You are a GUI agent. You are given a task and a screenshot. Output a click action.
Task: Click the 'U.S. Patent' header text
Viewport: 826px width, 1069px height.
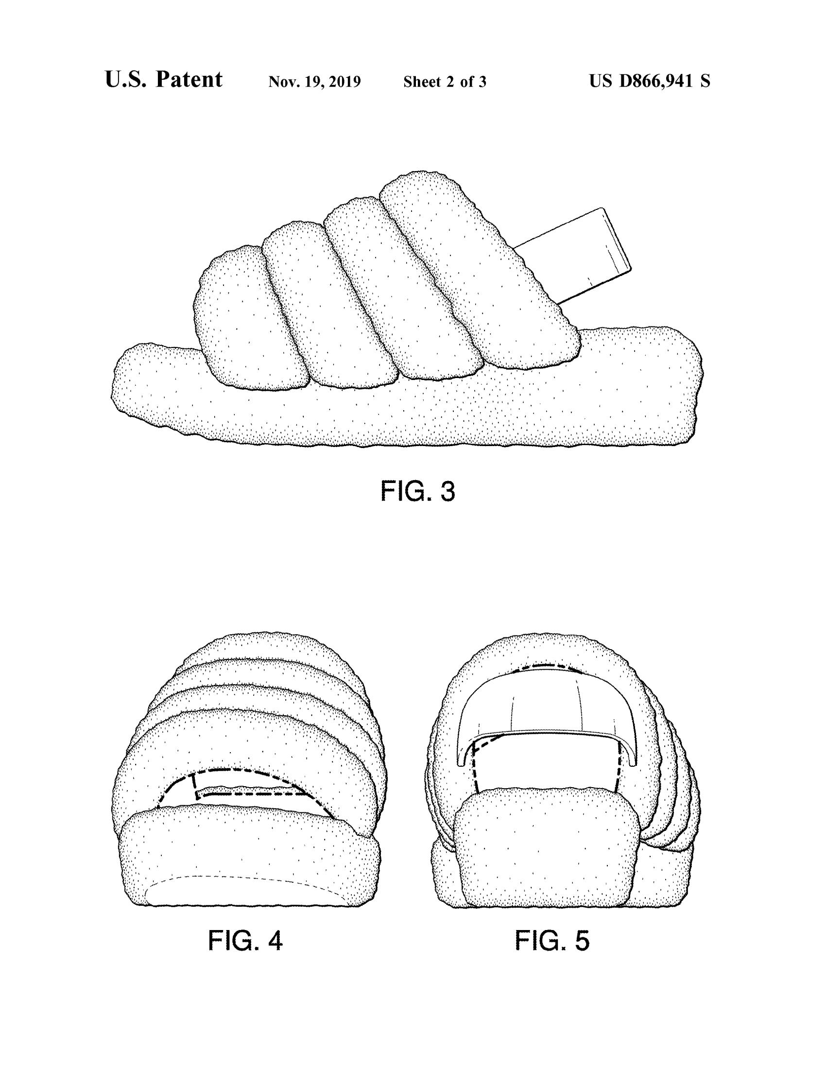click(x=163, y=80)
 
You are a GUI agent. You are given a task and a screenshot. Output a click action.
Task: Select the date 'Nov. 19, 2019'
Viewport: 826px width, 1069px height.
click(x=315, y=82)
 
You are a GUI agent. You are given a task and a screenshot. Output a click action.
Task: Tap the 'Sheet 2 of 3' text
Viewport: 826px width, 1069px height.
click(x=445, y=82)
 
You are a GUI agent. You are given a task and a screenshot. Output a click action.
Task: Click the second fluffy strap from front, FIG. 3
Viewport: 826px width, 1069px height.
click(x=328, y=304)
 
